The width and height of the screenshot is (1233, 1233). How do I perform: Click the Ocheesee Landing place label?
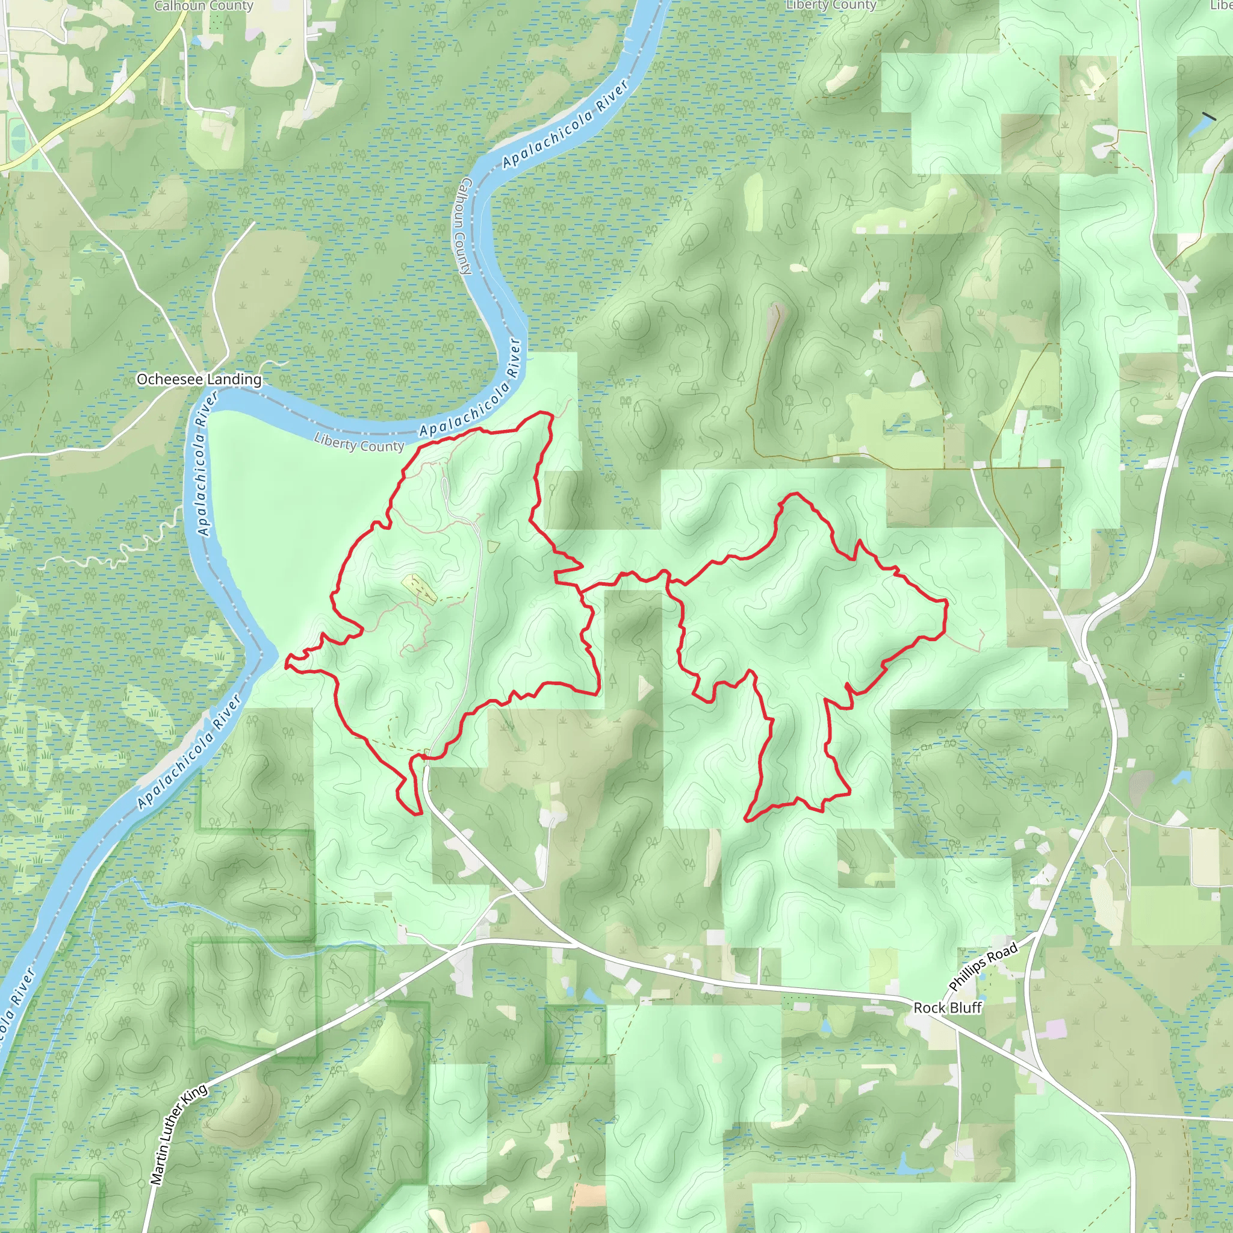(199, 379)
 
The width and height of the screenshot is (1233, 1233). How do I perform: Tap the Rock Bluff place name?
(947, 1008)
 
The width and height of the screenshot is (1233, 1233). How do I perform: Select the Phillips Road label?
(983, 968)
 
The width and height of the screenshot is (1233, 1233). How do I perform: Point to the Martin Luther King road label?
(179, 1134)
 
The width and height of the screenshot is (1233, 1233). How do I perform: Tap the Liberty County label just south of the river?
(359, 443)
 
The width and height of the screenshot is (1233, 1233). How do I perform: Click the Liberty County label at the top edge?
(831, 5)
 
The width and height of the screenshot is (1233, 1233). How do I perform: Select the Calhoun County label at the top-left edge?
(203, 7)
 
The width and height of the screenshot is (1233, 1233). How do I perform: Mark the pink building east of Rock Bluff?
(1055, 1028)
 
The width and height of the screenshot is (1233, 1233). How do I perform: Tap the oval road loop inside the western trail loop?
(445, 488)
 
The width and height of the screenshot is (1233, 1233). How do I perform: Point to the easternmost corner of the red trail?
(946, 602)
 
